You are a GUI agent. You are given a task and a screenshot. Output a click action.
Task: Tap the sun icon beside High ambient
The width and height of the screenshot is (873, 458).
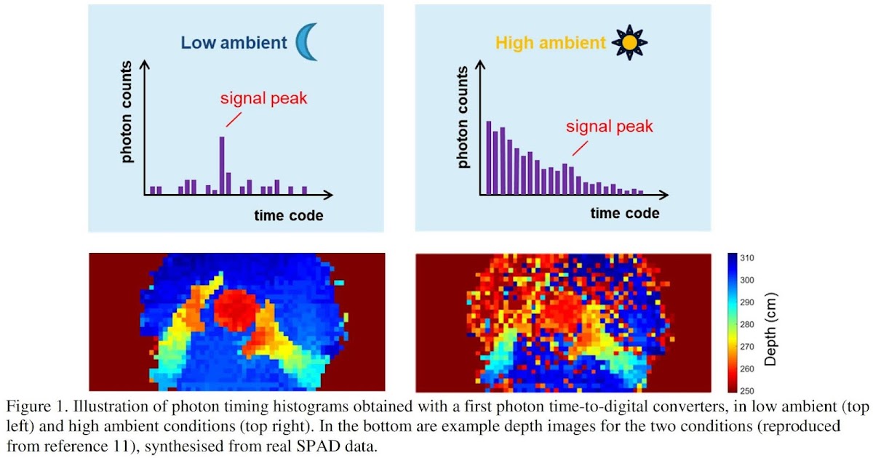click(629, 42)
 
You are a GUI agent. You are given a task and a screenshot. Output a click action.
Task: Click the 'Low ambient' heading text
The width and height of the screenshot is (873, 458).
click(234, 42)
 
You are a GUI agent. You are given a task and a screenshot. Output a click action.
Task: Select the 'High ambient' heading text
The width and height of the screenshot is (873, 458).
click(550, 43)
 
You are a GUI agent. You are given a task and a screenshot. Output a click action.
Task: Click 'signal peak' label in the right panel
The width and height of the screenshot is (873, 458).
click(610, 126)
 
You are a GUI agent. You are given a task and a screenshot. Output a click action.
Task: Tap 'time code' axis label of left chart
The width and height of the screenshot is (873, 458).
click(288, 215)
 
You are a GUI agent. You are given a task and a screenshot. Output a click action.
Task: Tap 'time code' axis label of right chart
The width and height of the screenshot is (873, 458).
click(624, 213)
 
